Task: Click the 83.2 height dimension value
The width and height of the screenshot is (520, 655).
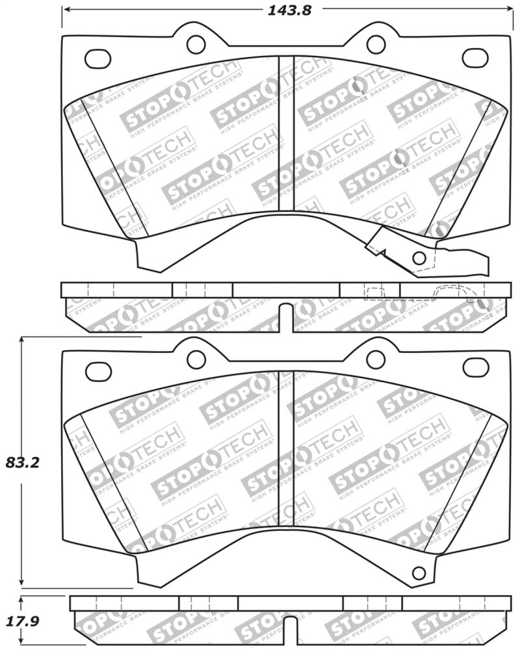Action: tap(23, 463)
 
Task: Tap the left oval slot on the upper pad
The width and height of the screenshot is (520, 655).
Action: tap(97, 58)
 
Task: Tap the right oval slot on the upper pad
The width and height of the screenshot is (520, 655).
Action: tap(475, 58)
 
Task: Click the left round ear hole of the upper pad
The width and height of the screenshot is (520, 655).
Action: tap(196, 44)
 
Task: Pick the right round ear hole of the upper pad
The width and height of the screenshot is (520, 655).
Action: tap(376, 44)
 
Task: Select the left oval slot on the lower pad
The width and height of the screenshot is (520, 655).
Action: tap(98, 372)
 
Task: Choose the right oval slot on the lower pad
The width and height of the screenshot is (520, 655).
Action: tap(476, 367)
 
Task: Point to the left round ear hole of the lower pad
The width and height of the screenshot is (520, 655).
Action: tap(196, 359)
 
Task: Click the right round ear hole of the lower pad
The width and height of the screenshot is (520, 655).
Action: tap(376, 359)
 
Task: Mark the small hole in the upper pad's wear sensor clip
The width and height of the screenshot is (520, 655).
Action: tap(419, 257)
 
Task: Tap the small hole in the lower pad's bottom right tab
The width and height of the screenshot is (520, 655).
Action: tap(419, 572)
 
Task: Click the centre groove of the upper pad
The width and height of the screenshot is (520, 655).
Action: tap(286, 133)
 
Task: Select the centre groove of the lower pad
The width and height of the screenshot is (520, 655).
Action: tap(286, 448)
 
